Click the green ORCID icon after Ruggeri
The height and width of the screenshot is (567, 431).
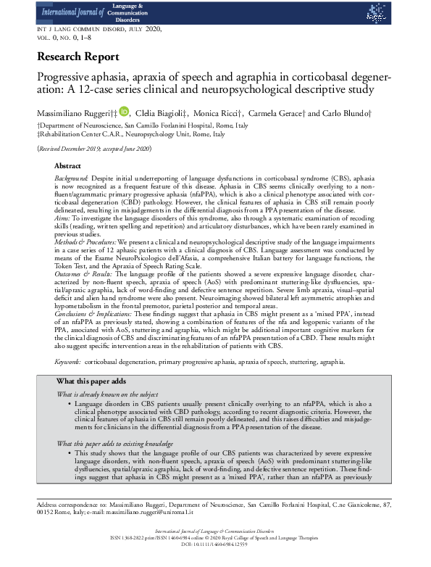coord(124,112)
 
